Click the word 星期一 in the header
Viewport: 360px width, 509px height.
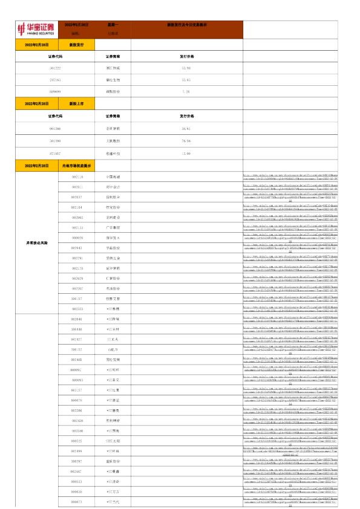click(x=113, y=24)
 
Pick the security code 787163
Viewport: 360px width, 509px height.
click(x=55, y=79)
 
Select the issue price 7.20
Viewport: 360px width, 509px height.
click(x=186, y=91)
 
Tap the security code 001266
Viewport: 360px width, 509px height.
click(x=55, y=129)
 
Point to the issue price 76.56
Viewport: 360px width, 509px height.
click(x=186, y=140)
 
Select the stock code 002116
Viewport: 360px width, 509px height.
click(x=77, y=177)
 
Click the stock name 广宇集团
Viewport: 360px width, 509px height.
click(x=113, y=227)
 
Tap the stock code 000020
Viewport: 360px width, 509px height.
click(x=77, y=238)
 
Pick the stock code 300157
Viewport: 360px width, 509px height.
click(x=77, y=299)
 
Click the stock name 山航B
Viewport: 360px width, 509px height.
click(x=113, y=349)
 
